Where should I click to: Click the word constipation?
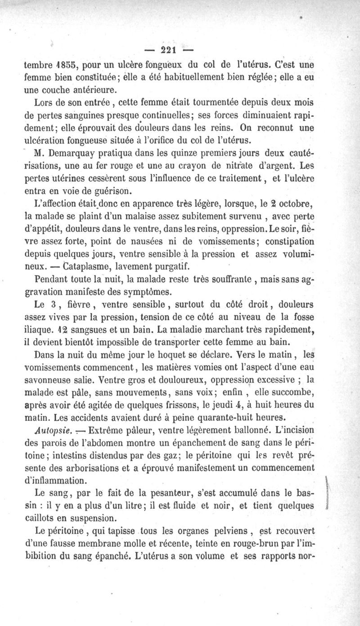pos(284,241)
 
